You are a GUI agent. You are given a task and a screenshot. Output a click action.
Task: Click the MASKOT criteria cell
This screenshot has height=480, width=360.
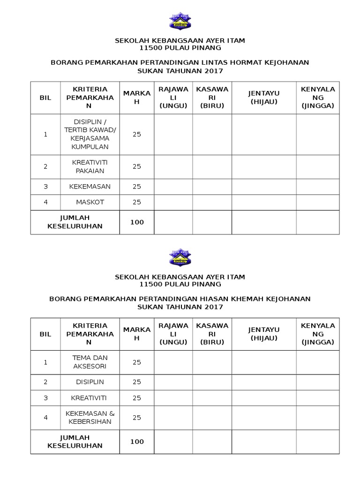(x=90, y=202)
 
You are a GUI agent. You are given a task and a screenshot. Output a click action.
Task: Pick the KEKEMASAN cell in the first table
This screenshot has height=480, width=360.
(x=90, y=186)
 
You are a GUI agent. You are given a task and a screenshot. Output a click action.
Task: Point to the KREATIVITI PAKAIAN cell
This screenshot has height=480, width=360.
(x=90, y=166)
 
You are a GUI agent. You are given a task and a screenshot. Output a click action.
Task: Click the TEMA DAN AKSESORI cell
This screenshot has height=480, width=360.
(x=90, y=362)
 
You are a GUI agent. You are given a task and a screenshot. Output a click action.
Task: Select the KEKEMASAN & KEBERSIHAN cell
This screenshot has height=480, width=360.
(x=90, y=417)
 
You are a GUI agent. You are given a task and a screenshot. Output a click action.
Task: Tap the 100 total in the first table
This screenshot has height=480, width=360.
(x=137, y=222)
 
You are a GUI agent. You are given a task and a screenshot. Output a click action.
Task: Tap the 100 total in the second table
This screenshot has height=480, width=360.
(x=137, y=442)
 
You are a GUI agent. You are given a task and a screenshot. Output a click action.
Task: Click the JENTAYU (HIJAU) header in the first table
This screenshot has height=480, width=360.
(x=263, y=97)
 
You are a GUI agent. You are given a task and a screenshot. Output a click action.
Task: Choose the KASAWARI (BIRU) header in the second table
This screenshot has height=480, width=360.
(x=212, y=334)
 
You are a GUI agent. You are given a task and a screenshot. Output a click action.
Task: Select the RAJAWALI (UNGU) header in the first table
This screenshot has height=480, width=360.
(x=173, y=97)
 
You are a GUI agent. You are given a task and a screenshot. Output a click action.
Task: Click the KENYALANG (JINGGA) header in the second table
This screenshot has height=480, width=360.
(x=318, y=334)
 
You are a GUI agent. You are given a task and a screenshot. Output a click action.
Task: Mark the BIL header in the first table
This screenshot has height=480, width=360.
(x=45, y=97)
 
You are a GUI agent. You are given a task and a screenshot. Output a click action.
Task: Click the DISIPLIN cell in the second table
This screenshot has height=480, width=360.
(x=90, y=382)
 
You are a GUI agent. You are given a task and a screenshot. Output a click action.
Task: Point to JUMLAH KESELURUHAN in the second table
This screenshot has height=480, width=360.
(x=75, y=442)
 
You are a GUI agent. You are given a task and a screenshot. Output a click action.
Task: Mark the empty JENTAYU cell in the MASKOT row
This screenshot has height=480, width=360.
(x=263, y=202)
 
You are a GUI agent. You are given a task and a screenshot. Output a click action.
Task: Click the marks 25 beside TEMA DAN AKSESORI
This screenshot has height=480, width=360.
(x=137, y=362)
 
